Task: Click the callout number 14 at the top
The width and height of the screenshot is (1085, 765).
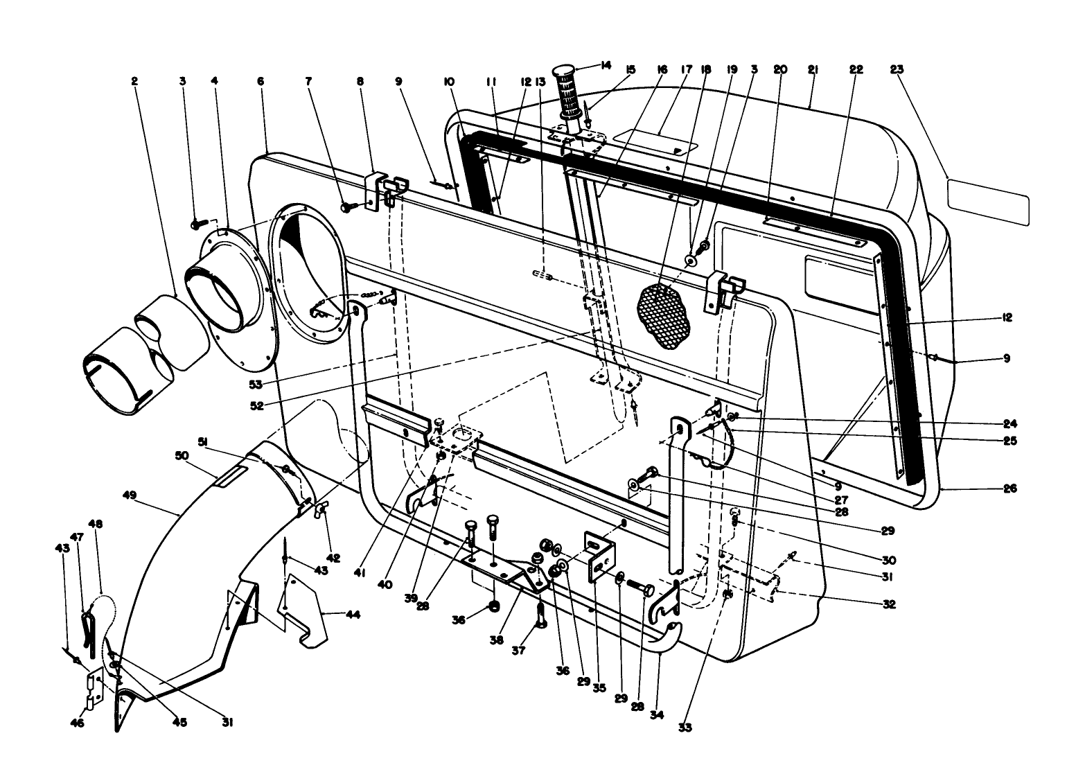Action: [x=606, y=65]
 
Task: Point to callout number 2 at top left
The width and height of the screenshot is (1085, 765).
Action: [x=134, y=81]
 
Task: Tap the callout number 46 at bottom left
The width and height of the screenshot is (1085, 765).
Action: [x=78, y=723]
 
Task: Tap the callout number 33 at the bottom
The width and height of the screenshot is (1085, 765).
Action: [x=686, y=728]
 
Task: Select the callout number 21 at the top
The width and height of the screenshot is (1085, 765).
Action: [x=813, y=69]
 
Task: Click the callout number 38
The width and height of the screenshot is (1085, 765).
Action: [x=496, y=641]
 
